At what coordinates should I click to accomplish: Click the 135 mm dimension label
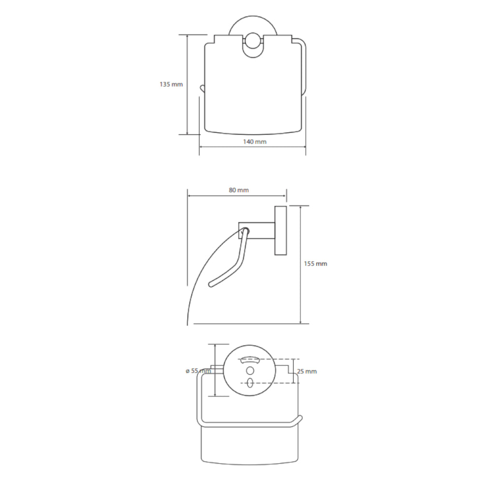coord(171,84)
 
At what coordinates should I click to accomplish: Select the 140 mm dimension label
coord(255,142)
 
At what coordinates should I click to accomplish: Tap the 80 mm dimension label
coord(239,190)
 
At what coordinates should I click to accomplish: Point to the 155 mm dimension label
coord(315,264)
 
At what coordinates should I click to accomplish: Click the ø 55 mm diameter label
coord(198,371)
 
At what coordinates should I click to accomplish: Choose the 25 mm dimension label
coord(307,371)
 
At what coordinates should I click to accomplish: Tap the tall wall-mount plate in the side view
coord(281,230)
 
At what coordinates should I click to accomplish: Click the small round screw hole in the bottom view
coord(250,370)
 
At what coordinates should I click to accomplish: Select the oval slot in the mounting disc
coord(250,383)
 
